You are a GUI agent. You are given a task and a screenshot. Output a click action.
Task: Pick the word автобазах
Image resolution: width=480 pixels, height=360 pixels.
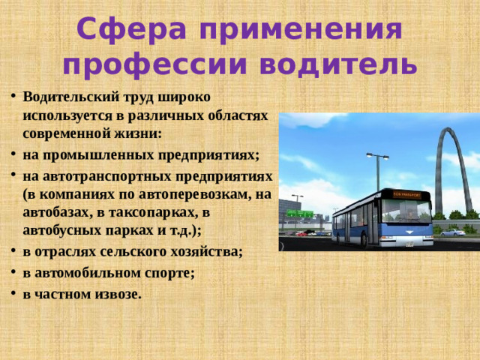pos(55,213)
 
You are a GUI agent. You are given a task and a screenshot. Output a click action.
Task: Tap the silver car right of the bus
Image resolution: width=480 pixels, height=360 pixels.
pos(453,232)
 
